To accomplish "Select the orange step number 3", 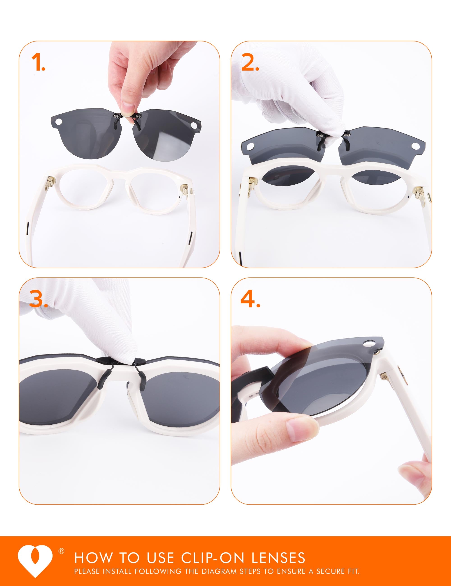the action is coord(38,298).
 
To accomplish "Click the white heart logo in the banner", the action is coord(35,561).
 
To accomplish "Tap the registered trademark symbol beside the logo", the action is coord(62,551).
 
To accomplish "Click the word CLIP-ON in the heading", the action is coord(212,558).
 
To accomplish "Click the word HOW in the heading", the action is coord(93,558).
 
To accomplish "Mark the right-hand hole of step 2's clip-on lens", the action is coord(415,146).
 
